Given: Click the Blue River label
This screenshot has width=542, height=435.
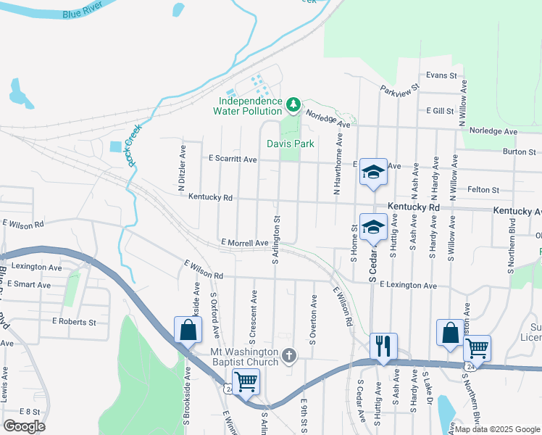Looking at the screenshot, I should tap(80, 14).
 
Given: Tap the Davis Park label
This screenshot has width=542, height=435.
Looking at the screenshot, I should tap(290, 144).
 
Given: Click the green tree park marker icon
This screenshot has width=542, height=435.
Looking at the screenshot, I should tap(293, 106).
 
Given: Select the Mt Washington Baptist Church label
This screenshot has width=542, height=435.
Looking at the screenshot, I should tap(244, 357).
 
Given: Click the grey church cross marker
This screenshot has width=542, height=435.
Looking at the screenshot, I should tap(289, 355).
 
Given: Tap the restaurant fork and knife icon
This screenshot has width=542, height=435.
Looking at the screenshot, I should tap(382, 344).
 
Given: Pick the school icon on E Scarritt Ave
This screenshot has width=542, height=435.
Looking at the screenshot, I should tap(373, 172).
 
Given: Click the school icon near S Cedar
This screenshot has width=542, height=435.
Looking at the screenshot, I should tap(373, 227).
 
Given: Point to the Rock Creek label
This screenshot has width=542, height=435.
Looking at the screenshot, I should tap(133, 145).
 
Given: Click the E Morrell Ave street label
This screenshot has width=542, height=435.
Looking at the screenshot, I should tap(245, 243).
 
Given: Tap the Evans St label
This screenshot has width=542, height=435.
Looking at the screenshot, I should tap(441, 75).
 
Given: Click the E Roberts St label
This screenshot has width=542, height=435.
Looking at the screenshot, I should tap(74, 321).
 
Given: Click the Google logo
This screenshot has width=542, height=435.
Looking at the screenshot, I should tap(23, 426).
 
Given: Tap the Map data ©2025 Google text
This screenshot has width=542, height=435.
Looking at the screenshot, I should tap(497, 429).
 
